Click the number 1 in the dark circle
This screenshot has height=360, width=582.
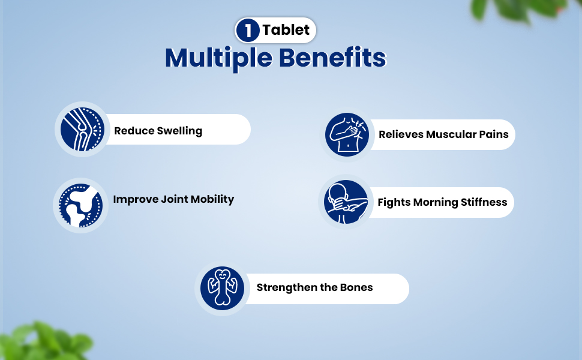pos(248,30)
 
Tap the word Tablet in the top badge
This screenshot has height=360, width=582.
pos(286,29)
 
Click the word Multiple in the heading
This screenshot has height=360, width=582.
pos(218,58)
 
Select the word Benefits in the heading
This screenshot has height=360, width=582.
pos(332,57)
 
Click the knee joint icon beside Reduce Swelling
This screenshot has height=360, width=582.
pos(82,129)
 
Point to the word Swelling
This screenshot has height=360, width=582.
pos(179,131)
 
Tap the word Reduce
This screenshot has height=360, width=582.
pos(134,131)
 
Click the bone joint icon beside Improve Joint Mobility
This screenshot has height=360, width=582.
pos(81,205)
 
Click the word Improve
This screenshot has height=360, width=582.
pos(135,200)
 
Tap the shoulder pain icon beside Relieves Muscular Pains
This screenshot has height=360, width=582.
pos(347,134)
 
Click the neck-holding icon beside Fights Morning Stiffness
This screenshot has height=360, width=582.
pos(346,202)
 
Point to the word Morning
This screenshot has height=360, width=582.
pos(436,203)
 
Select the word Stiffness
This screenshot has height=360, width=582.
pos(484,202)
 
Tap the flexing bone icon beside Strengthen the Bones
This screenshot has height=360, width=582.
pos(223,289)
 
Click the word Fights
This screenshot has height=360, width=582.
pos(394,203)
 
